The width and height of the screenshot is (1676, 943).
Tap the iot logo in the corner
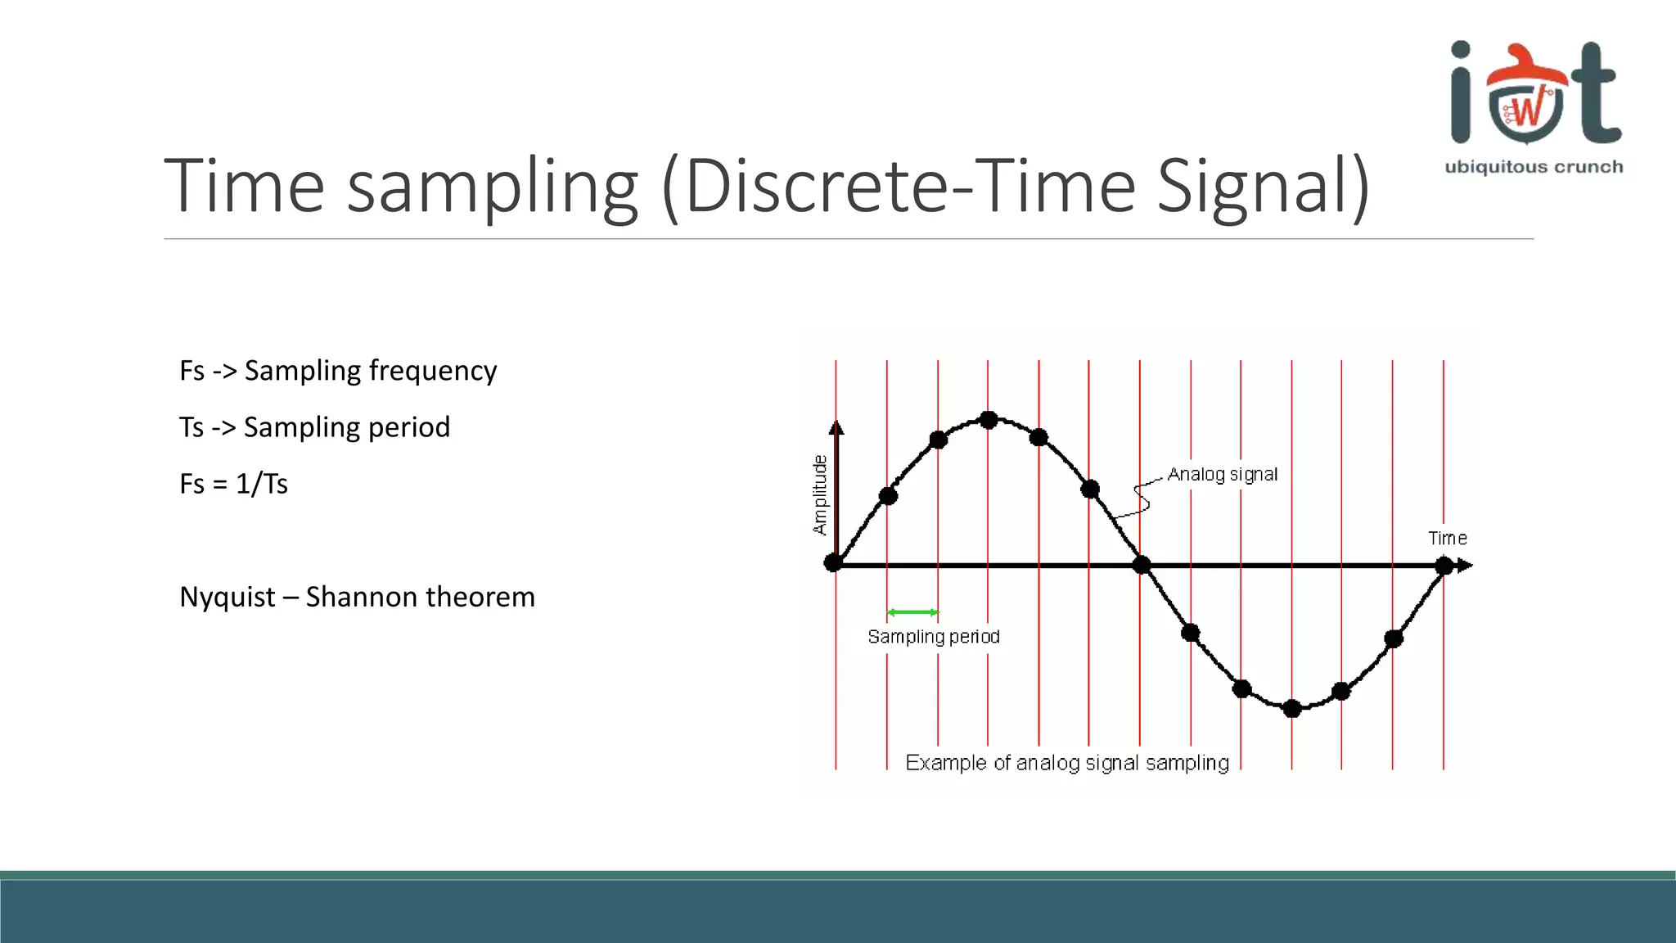point(1534,94)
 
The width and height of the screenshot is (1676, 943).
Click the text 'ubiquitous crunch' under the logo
point(1534,167)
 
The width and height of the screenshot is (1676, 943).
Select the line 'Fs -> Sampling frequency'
point(338,371)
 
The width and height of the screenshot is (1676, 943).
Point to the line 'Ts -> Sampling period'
point(314,427)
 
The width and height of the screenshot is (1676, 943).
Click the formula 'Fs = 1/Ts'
point(233,484)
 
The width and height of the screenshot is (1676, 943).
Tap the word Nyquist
point(227,597)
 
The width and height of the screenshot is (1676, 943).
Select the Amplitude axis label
point(819,495)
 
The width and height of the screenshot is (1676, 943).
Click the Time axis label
point(1447,539)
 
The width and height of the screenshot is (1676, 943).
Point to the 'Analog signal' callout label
point(1222,475)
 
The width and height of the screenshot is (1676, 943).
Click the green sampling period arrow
point(912,612)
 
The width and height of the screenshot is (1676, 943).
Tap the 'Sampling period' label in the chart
point(933,637)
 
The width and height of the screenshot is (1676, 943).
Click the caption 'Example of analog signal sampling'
point(1066,763)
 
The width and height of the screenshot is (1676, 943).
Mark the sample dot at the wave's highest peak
point(989,420)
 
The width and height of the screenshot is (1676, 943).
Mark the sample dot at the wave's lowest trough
point(1292,709)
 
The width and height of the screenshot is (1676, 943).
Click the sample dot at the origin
point(833,563)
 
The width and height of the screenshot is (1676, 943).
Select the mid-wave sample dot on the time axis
point(1142,564)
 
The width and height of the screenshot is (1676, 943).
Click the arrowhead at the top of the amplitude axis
point(836,427)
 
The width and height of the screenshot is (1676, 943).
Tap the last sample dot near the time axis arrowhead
point(1444,566)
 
